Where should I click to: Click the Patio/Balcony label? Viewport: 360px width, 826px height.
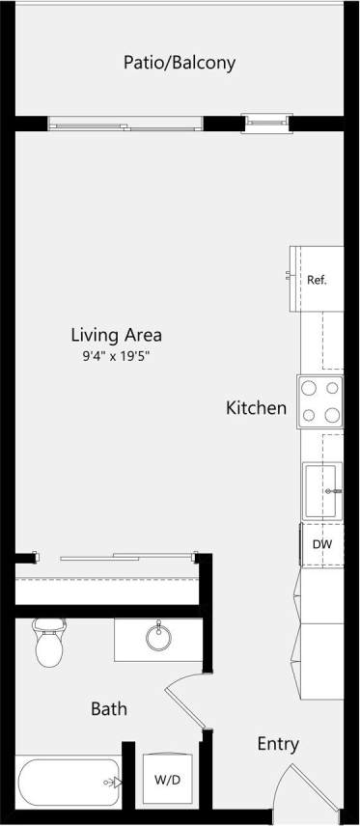click(x=179, y=63)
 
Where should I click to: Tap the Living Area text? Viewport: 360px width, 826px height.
click(x=116, y=336)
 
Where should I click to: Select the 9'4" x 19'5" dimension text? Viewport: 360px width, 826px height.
click(x=116, y=356)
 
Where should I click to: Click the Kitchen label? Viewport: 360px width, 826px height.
click(x=256, y=408)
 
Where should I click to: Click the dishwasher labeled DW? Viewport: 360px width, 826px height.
click(x=321, y=544)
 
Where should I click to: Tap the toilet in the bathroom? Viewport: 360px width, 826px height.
click(x=48, y=645)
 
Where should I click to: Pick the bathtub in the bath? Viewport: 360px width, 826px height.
click(x=69, y=781)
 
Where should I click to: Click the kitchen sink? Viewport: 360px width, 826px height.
click(x=322, y=490)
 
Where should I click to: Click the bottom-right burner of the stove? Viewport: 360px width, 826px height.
click(x=333, y=416)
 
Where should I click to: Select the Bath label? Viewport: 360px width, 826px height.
click(x=109, y=709)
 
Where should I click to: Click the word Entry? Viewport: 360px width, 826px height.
click(x=278, y=744)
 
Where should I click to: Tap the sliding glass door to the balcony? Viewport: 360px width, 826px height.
click(x=125, y=123)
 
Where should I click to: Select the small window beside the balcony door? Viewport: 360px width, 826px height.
click(x=264, y=122)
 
